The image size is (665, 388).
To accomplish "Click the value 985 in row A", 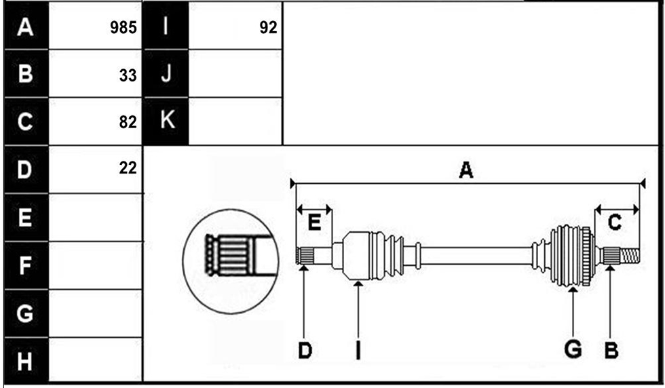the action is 123,28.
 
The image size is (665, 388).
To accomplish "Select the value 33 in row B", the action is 128,75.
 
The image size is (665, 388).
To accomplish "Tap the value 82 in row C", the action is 128,122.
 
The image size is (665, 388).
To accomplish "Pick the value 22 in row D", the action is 128,168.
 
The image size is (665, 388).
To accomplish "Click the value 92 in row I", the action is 268,28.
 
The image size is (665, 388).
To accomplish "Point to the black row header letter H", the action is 24,362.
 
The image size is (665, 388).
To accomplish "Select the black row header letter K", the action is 167,120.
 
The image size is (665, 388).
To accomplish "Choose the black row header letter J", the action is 166,73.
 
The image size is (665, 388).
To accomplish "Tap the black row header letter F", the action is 25,265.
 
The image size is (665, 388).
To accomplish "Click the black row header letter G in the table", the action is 24,313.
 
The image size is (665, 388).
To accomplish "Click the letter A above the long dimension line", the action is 466,170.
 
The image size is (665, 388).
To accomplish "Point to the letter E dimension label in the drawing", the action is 313,222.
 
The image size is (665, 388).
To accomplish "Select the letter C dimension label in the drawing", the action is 615,222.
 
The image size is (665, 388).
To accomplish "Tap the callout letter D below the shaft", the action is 305,351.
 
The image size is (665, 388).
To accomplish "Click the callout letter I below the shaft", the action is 358,351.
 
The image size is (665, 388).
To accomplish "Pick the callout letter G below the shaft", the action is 573,349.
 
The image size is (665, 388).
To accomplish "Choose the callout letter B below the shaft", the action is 611,351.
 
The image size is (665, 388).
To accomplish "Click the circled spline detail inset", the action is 231,261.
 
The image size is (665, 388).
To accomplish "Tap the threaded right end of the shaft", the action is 630,256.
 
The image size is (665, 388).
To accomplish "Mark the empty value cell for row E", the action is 96,218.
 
